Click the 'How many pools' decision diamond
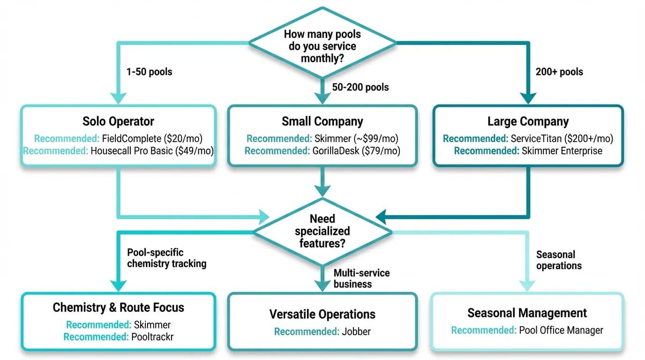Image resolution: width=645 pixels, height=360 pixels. pos(322,46)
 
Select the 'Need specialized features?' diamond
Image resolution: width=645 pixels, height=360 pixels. pos(322,231)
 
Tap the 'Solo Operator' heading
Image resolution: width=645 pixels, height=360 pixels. pos(118,121)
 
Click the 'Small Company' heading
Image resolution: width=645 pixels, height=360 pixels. pos(322,121)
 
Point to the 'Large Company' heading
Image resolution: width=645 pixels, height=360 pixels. pos(528,121)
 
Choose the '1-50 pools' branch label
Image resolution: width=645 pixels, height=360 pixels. pos(149,72)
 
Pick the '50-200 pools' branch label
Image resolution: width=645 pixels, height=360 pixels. pos(360,87)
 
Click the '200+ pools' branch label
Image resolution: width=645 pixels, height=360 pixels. pos(559,72)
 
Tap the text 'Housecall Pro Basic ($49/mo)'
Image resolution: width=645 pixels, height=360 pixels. pos(152,151)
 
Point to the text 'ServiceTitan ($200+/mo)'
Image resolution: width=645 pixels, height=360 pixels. pos(562,138)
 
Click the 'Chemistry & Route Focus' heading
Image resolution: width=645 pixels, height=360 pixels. pos(118,307)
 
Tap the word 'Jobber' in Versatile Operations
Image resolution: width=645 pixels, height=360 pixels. pos(356,331)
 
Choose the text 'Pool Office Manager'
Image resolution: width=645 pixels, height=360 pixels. pos(561,330)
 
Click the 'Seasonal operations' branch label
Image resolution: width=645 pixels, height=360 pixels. pos(559,260)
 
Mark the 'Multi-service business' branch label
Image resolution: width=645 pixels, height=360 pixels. pos(361,278)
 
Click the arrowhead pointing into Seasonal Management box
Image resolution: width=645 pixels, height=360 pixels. pos(527,285)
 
